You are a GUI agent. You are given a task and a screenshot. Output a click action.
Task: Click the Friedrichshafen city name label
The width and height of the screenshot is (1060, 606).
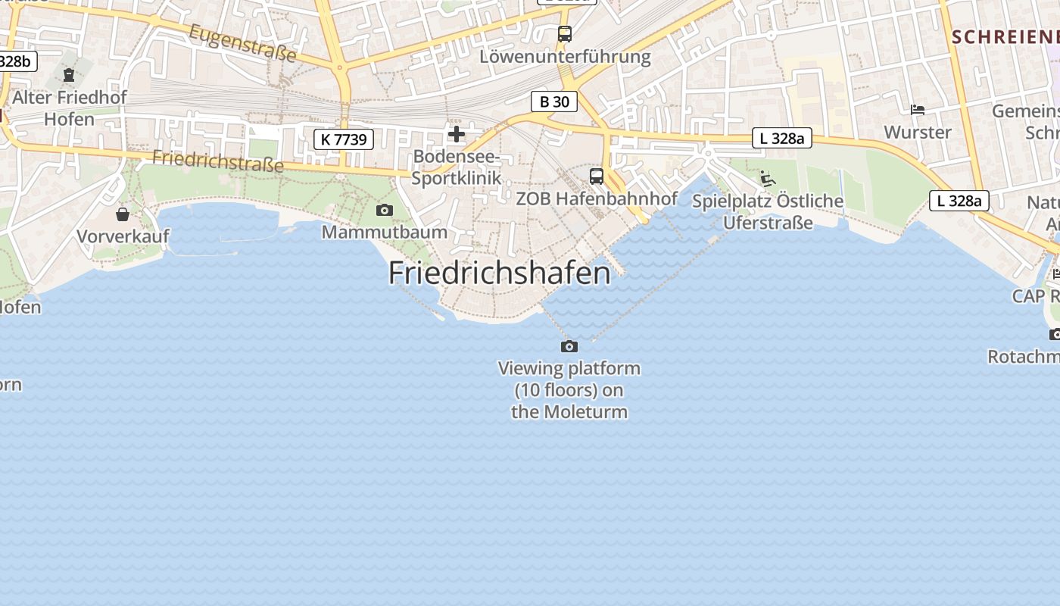pyautogui.click(x=499, y=273)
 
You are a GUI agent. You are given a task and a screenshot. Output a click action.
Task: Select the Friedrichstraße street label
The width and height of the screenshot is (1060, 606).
pyautogui.click(x=218, y=161)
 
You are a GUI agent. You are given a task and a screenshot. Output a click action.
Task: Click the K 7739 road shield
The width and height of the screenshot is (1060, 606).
pyautogui.click(x=344, y=139)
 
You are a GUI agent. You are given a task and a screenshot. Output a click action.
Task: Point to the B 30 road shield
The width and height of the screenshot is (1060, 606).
pyautogui.click(x=553, y=102)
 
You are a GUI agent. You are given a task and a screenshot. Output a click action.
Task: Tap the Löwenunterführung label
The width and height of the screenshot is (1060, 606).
pyautogui.click(x=565, y=57)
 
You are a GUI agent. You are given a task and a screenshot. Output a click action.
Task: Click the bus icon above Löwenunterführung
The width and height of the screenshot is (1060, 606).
pyautogui.click(x=565, y=33)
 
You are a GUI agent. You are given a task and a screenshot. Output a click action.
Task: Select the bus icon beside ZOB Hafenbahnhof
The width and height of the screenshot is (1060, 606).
pyautogui.click(x=597, y=176)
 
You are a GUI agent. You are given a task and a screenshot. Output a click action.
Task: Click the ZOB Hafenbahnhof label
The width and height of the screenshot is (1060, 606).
pyautogui.click(x=597, y=198)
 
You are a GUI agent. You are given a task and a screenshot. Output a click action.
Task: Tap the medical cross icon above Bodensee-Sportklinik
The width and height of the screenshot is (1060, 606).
pyautogui.click(x=457, y=134)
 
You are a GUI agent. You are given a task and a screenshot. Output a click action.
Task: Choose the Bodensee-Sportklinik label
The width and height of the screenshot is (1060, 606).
pyautogui.click(x=457, y=167)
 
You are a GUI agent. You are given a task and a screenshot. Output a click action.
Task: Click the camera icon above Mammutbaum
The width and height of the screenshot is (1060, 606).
pyautogui.click(x=385, y=210)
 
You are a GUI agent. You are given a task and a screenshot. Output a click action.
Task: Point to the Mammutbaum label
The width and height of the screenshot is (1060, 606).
pyautogui.click(x=385, y=232)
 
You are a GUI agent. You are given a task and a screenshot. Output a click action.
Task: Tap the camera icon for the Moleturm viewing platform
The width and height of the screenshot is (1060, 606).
pyautogui.click(x=569, y=346)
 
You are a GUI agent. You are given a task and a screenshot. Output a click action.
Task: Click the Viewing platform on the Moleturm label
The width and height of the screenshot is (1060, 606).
pyautogui.click(x=569, y=390)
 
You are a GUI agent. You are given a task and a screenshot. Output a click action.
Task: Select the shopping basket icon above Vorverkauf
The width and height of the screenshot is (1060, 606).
pyautogui.click(x=123, y=214)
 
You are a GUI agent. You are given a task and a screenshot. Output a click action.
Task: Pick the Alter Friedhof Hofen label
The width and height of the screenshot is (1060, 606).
pyautogui.click(x=70, y=108)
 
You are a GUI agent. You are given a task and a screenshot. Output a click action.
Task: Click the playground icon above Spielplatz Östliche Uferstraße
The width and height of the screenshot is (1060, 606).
pyautogui.click(x=768, y=179)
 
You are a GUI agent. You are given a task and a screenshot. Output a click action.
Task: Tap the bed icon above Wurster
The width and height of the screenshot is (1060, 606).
pyautogui.click(x=918, y=110)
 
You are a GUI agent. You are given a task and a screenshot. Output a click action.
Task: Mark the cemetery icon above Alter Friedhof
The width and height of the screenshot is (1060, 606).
pyautogui.click(x=70, y=75)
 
